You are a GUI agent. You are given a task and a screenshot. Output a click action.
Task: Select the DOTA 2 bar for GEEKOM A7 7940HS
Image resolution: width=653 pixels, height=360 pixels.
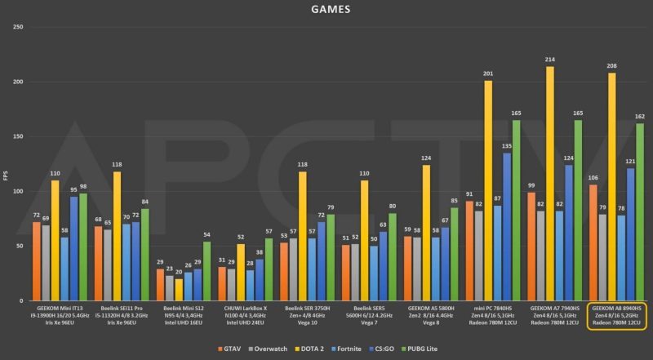click(x=549, y=184)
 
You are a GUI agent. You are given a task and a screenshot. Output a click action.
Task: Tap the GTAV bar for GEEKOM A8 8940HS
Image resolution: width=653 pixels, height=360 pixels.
click(x=593, y=242)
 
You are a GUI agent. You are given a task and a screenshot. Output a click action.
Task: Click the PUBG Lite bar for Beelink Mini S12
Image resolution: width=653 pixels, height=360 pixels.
click(x=207, y=271)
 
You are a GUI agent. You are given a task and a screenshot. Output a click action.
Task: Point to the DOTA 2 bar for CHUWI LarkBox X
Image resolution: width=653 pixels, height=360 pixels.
click(x=241, y=272)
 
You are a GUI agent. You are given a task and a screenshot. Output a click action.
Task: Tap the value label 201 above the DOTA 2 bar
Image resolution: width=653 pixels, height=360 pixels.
click(x=488, y=73)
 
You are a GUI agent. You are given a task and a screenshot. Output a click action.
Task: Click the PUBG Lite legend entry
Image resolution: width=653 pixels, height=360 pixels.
click(x=433, y=350)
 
